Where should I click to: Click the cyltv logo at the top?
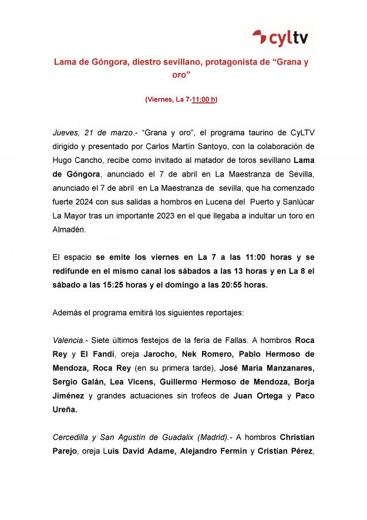coord(280,38)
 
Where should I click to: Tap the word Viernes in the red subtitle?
coord(160,100)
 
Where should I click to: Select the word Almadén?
coord(69,230)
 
